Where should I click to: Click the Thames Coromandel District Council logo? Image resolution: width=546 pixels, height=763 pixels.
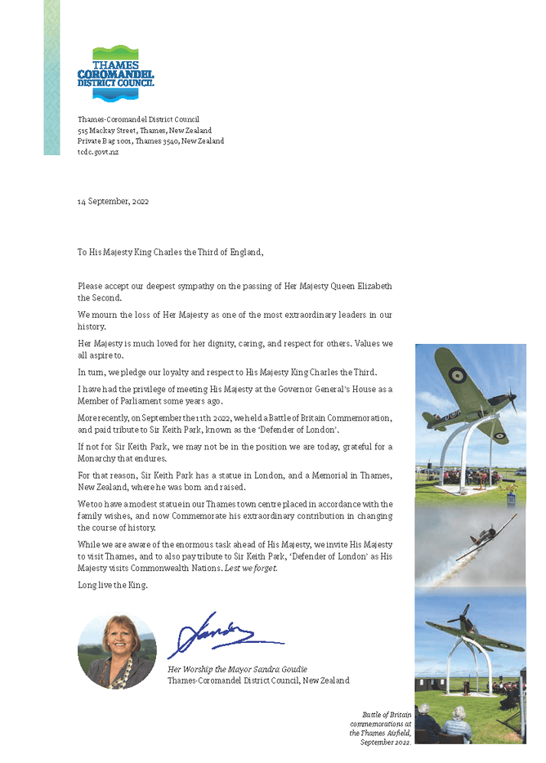(x=114, y=73)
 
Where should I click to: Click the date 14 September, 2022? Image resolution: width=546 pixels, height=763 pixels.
(x=113, y=201)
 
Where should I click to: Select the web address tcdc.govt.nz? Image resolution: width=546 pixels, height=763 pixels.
(x=98, y=153)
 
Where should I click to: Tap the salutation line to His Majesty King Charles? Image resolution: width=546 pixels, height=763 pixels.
(x=171, y=252)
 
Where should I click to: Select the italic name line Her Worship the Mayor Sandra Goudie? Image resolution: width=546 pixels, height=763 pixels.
(x=237, y=669)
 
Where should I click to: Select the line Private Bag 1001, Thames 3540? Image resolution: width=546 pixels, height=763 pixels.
(x=150, y=141)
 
